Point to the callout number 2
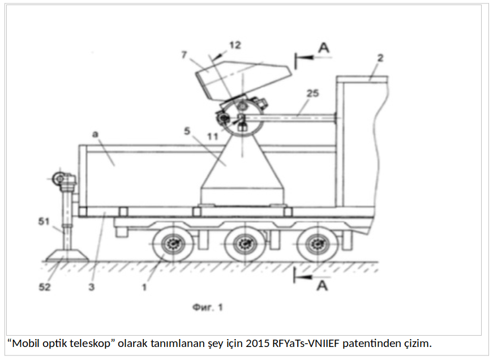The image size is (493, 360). pyautogui.click(x=381, y=58)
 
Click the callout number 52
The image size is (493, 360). pyautogui.click(x=45, y=287)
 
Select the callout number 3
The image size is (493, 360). pyautogui.click(x=92, y=287)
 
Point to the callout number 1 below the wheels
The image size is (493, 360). pyautogui.click(x=145, y=287)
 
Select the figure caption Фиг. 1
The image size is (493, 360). pyautogui.click(x=207, y=308)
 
